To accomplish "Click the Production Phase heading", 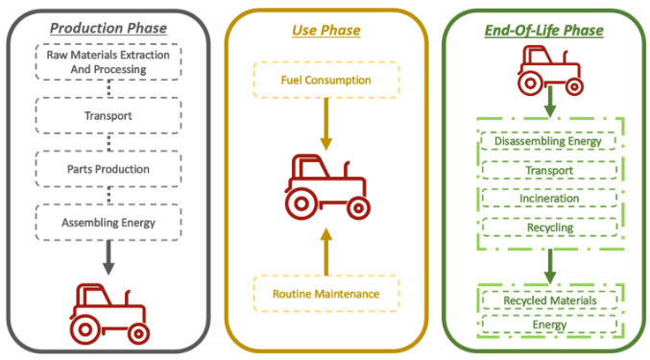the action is [108, 28].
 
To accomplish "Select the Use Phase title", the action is [326, 31].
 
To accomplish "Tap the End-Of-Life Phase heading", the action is [543, 31].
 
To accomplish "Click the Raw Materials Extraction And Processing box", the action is [108, 61].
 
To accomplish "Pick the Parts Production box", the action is [108, 169].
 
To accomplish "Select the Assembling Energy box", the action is [108, 223].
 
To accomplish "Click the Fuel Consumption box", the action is [326, 80].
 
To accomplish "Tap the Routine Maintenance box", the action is [326, 294].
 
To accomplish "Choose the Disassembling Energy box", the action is [548, 141].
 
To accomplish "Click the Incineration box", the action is [549, 199].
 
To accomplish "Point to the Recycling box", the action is [550, 228].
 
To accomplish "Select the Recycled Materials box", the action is [550, 300].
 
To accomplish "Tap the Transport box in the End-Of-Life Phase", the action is [549, 170].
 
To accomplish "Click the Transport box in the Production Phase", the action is [108, 115].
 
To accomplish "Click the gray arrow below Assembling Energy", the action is [108, 257].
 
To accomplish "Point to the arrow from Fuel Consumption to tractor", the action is [326, 124].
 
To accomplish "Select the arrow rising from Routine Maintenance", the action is [326, 252].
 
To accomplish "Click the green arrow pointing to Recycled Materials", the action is [550, 266].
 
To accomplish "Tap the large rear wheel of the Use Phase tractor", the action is [301, 204].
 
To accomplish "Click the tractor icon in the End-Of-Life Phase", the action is [550, 70].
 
